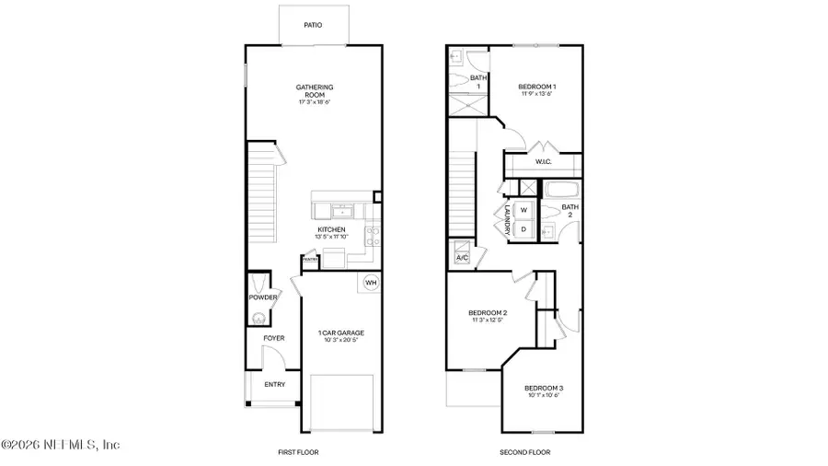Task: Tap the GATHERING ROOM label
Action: pos(315,91)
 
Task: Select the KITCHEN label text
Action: pos(331,228)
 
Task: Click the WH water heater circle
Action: pos(371,283)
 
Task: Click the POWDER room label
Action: pos(262,297)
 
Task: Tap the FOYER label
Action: pos(274,338)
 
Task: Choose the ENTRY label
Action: pos(274,385)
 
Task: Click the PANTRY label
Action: pos(310,260)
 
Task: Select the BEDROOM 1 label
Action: pos(537,87)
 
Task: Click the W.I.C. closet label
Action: pos(543,163)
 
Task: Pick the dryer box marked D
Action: pos(523,229)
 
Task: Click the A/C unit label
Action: pos(462,258)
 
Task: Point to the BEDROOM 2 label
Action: pos(489,314)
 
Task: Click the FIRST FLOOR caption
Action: pos(298,452)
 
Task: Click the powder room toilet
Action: pos(259,318)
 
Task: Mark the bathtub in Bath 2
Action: pos(562,190)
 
